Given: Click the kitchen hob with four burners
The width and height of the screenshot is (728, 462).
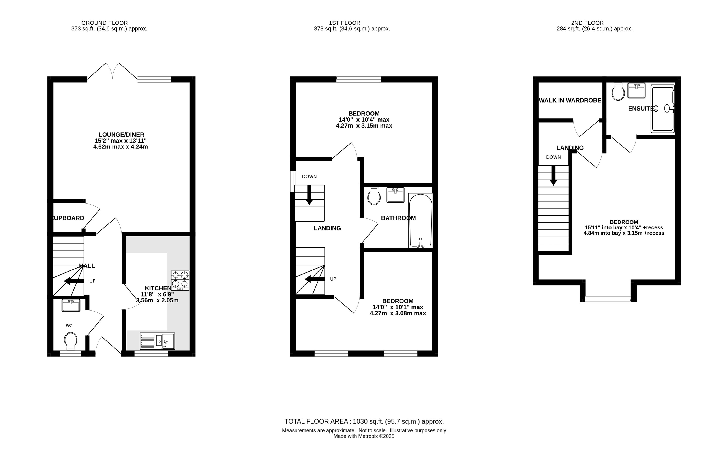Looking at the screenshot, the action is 180,281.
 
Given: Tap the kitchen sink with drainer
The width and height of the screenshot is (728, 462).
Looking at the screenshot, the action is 158,341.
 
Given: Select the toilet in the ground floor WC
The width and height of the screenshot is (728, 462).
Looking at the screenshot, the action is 70,341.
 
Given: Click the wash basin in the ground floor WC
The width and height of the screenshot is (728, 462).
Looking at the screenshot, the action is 71,305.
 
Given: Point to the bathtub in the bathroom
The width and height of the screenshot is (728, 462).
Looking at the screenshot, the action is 420,220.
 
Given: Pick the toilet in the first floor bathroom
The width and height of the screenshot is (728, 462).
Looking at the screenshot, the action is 374,196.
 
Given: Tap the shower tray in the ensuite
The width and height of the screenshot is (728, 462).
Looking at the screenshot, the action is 663,109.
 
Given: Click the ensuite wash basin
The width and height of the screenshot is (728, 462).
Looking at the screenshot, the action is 636,90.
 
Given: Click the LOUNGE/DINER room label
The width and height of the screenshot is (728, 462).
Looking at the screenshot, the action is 121,135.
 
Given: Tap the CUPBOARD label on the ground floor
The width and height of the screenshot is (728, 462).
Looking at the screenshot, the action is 69,218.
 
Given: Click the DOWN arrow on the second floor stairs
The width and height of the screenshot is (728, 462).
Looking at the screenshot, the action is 553,175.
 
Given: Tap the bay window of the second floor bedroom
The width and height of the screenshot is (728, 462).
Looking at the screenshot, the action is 608,299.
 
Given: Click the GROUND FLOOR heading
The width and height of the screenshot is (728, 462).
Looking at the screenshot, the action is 105,23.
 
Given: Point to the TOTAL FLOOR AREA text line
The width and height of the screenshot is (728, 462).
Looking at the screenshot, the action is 364,421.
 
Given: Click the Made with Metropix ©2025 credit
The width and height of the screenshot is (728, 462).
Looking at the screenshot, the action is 364,436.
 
